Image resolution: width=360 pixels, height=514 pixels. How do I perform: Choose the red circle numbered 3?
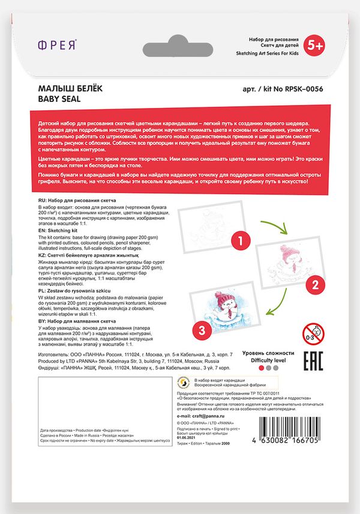(202, 330)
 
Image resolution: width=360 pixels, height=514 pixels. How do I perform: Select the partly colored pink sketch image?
(279, 264)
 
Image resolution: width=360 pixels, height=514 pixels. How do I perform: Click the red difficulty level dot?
(261, 368)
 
